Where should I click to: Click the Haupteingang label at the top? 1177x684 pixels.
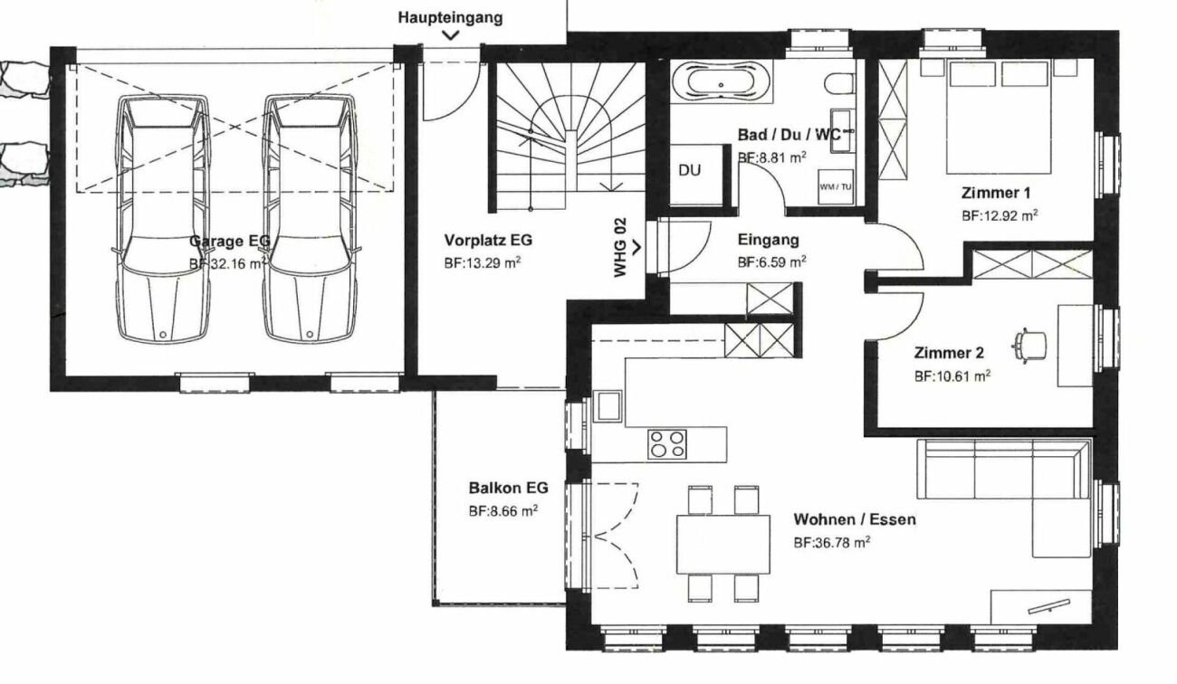(x=450, y=18)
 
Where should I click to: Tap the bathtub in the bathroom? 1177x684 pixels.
(x=721, y=82)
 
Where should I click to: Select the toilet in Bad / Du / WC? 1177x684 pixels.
(x=838, y=84)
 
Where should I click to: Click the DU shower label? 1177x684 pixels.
(x=689, y=170)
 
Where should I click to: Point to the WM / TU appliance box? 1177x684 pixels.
(x=836, y=187)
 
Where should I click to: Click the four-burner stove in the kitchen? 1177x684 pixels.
(x=666, y=444)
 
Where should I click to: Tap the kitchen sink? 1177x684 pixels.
(x=608, y=405)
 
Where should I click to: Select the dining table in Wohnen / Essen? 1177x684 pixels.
(x=723, y=545)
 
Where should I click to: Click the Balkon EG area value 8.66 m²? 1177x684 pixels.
(x=502, y=511)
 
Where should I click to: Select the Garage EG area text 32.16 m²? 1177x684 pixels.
(x=227, y=263)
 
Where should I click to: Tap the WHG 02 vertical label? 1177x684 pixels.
(x=620, y=247)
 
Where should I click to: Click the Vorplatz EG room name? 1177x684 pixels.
(x=488, y=240)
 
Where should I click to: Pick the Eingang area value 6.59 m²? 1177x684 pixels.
(x=772, y=261)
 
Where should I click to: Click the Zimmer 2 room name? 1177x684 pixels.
(x=949, y=353)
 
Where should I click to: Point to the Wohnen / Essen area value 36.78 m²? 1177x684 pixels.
(x=832, y=542)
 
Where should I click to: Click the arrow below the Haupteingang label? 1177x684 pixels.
(x=451, y=35)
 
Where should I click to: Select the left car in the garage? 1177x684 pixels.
(x=163, y=219)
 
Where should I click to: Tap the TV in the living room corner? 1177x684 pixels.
(x=1048, y=606)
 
